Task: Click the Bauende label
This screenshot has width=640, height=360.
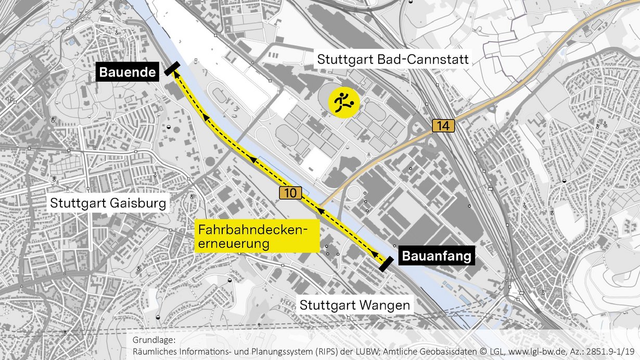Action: (127, 73)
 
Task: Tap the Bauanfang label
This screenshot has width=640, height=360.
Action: (437, 256)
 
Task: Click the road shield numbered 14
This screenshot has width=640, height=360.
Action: (443, 126)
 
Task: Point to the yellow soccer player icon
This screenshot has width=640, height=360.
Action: (343, 102)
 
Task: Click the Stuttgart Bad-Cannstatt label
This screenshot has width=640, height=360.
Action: (393, 59)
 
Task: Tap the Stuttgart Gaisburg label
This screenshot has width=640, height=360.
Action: (109, 202)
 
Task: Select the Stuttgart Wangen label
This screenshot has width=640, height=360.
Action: (355, 305)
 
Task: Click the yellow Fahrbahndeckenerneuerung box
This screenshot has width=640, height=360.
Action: (257, 237)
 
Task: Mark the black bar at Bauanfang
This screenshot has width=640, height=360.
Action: (387, 264)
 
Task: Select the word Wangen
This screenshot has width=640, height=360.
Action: (386, 305)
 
